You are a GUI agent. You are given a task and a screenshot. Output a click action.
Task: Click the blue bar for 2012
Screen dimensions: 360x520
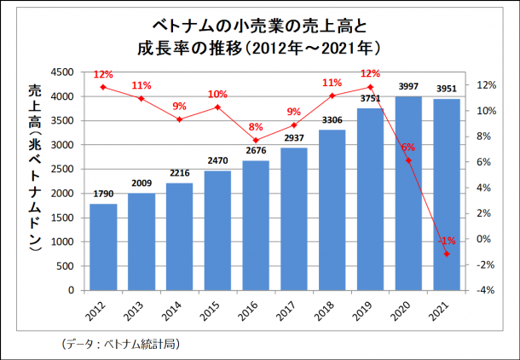tap(103, 247)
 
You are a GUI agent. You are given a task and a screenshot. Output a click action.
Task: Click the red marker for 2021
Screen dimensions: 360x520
tap(446, 254)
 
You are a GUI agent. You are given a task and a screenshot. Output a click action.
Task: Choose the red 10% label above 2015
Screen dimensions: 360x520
tap(217, 94)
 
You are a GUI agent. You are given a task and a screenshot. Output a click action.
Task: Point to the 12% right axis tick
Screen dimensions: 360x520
tap(485, 85)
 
